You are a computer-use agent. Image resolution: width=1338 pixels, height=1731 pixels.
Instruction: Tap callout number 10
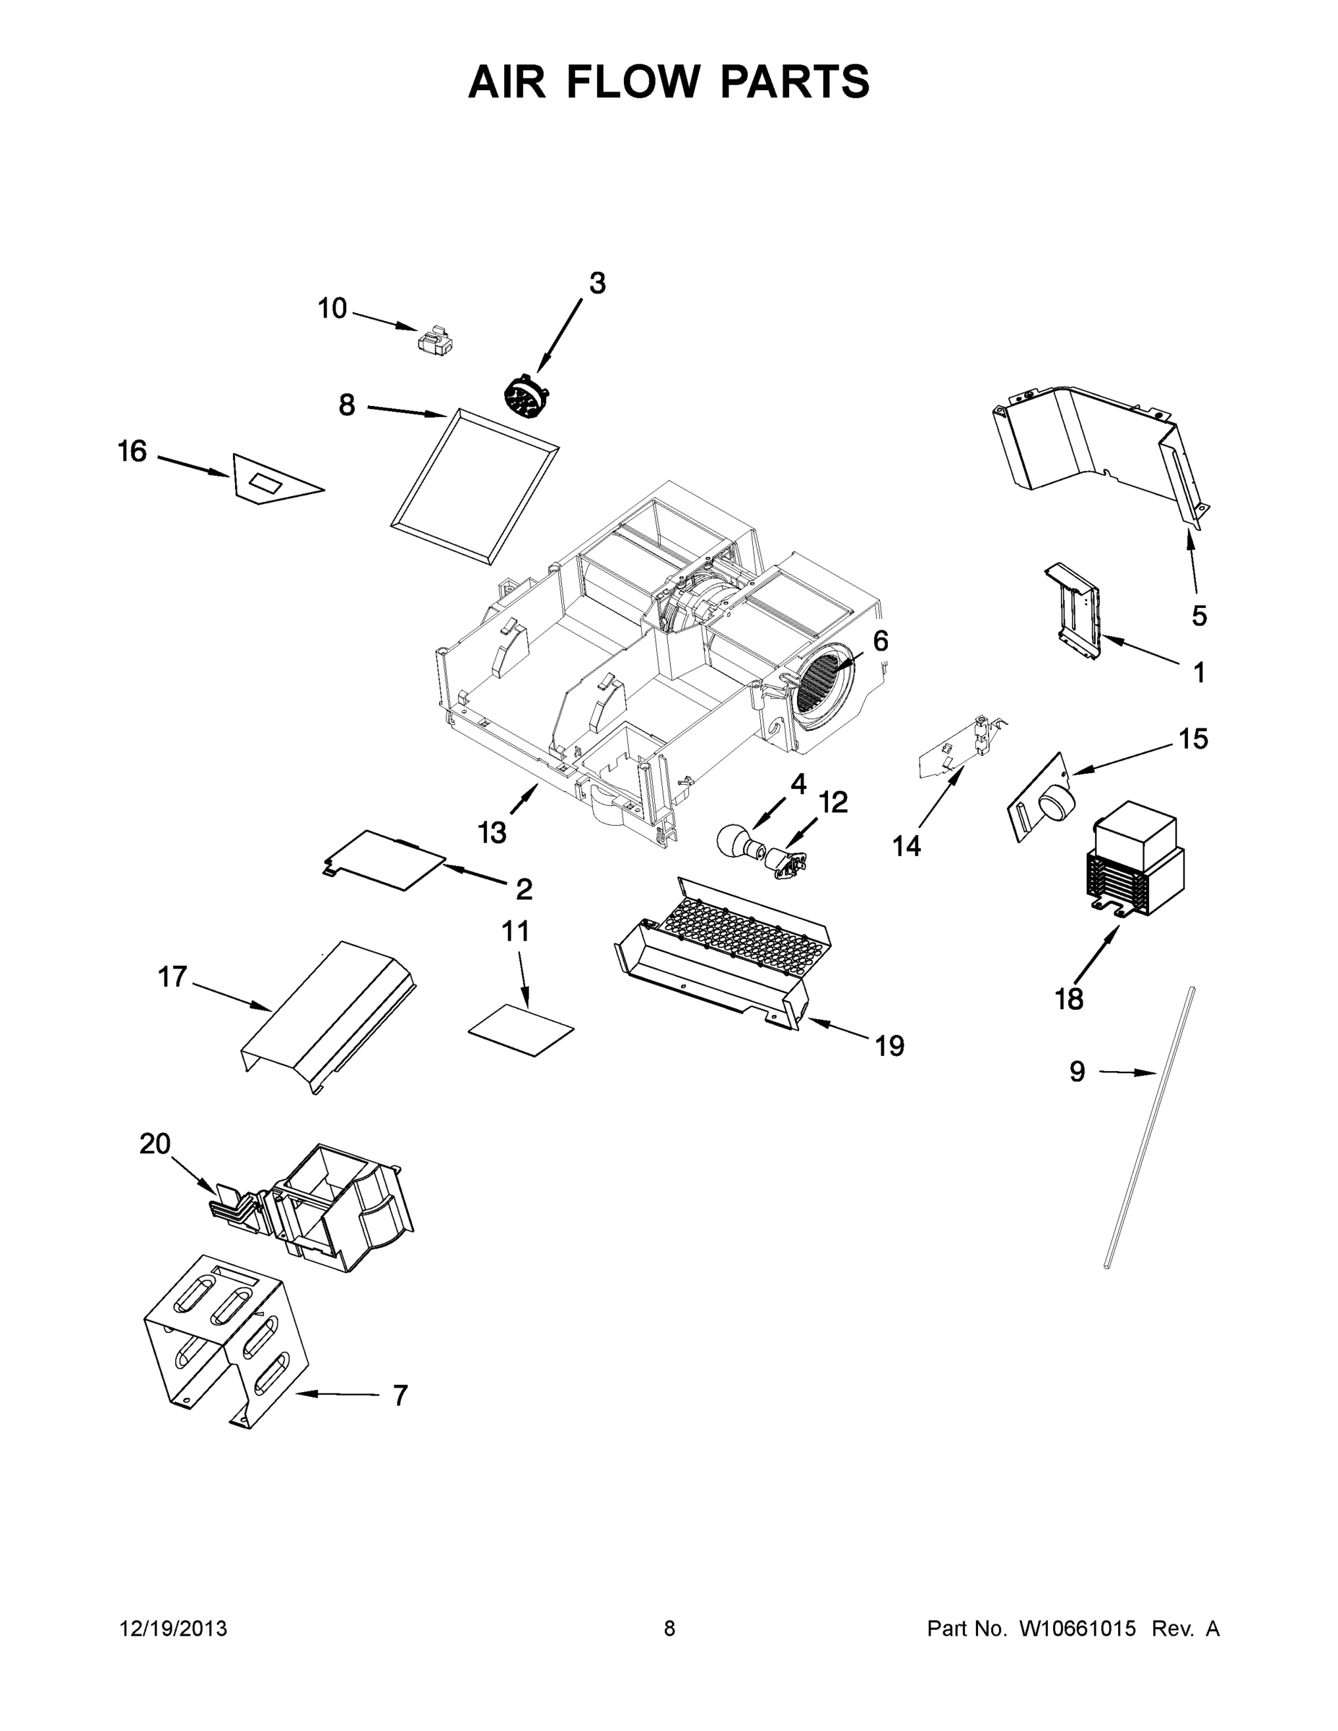332,308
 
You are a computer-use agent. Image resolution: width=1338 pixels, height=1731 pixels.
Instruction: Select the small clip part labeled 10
435,341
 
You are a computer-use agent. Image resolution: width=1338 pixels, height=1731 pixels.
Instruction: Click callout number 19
889,1047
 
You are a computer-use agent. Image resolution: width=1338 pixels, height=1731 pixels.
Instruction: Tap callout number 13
491,832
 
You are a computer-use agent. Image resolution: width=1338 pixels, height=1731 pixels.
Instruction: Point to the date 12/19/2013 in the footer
173,1629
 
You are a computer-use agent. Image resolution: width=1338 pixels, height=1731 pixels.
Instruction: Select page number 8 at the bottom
669,1629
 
